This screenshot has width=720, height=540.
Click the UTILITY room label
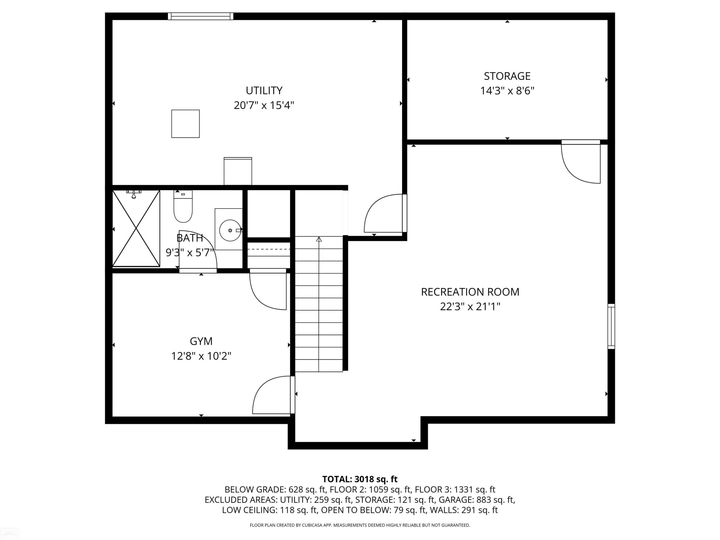pyautogui.click(x=264, y=90)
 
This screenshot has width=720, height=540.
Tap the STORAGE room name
pyautogui.click(x=507, y=76)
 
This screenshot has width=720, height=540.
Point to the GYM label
pyautogui.click(x=201, y=341)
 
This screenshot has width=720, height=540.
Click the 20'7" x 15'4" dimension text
pyautogui.click(x=264, y=105)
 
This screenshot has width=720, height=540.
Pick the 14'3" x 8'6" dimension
pyautogui.click(x=507, y=90)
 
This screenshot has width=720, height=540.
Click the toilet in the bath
pyautogui.click(x=183, y=206)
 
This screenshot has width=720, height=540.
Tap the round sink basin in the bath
pyautogui.click(x=230, y=230)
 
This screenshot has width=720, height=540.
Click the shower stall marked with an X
pyautogui.click(x=136, y=228)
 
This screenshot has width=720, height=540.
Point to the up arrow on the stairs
pyautogui.click(x=319, y=239)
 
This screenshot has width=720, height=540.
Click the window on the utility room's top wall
pyautogui.click(x=200, y=16)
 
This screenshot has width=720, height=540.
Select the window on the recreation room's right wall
pyautogui.click(x=611, y=326)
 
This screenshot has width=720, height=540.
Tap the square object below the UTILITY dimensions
pyautogui.click(x=186, y=124)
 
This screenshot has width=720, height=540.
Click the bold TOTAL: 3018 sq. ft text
pyautogui.click(x=360, y=479)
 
